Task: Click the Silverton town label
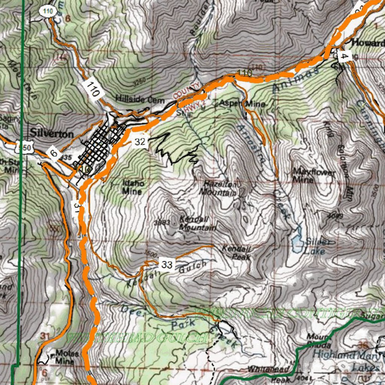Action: click(52, 133)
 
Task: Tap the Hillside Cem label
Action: click(140, 100)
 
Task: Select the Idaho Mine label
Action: click(132, 187)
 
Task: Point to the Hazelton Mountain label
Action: click(220, 188)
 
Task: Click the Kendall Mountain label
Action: click(197, 224)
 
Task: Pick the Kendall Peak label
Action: click(236, 252)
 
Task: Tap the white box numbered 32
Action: click(140, 142)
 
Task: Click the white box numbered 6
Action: click(54, 154)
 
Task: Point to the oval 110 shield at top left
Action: click(47, 12)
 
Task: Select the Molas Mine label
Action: click(67, 356)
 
